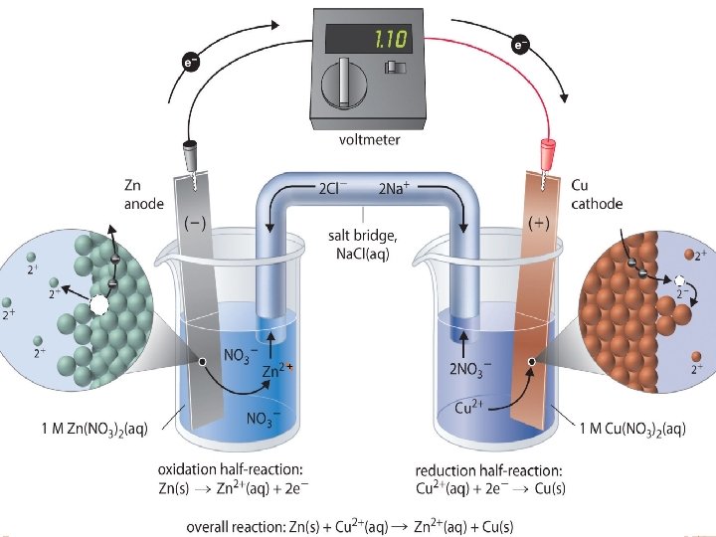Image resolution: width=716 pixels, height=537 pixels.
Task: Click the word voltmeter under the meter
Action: click(x=363, y=140)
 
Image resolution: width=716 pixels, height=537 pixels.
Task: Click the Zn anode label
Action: click(x=141, y=193)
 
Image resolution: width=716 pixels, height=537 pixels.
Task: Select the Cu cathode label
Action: click(x=597, y=193)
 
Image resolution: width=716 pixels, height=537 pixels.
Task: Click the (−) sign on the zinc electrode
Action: click(x=195, y=223)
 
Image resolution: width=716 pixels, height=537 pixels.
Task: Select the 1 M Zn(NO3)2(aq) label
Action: click(x=95, y=429)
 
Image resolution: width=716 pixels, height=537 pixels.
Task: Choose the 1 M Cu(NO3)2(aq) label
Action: click(x=632, y=429)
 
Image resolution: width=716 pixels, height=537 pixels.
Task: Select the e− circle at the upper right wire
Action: click(x=520, y=45)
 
